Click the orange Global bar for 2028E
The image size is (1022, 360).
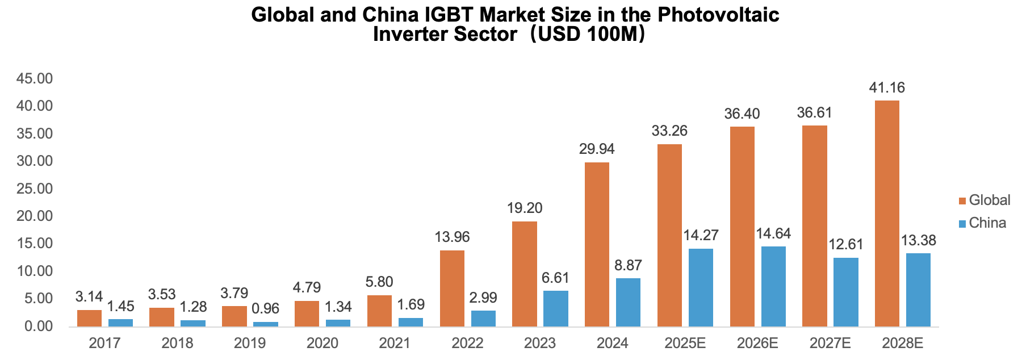click(887, 214)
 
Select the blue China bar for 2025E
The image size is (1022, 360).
click(701, 287)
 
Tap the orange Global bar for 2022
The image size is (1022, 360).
click(452, 288)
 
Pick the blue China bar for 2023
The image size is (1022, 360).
click(556, 308)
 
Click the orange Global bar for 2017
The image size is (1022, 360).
click(89, 318)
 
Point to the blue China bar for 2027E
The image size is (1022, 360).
click(846, 292)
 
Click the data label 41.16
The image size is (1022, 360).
click(887, 88)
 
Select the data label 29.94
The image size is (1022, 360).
click(597, 149)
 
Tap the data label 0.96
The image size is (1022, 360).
click(265, 309)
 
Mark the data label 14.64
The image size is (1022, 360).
click(773, 233)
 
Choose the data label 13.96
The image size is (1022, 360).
click(452, 237)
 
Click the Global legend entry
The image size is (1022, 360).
click(984, 200)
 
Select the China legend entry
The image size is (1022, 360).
click(982, 223)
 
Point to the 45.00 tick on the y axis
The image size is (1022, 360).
click(35, 78)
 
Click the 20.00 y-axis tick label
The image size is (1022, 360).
click(35, 216)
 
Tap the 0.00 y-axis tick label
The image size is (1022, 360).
click(37, 326)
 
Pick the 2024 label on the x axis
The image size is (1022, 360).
click(613, 343)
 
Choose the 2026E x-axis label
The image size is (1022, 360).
click(757, 343)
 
